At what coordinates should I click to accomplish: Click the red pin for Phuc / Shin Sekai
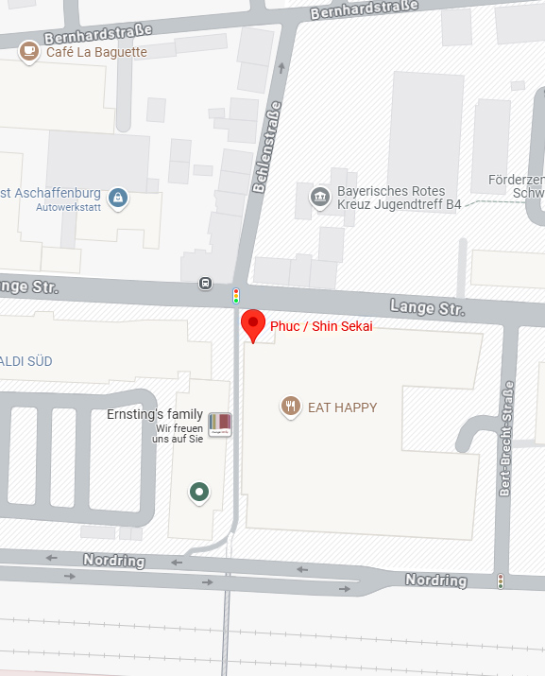[x=252, y=323]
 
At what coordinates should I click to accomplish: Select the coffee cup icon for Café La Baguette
[x=29, y=51]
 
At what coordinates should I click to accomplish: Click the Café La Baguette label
[x=96, y=52]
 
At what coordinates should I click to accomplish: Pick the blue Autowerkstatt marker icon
[x=118, y=198]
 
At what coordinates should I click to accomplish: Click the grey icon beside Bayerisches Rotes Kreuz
[x=319, y=198]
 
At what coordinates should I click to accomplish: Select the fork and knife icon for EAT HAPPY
[x=291, y=407]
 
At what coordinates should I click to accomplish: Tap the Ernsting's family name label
[x=154, y=414]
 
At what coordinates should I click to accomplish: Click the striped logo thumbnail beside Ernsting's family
[x=219, y=424]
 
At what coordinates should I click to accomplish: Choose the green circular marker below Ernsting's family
[x=198, y=492]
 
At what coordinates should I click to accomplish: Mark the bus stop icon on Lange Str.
[x=205, y=283]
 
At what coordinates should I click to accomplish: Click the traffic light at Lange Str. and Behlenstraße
[x=235, y=296]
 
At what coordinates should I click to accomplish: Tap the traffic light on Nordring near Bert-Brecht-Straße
[x=501, y=581]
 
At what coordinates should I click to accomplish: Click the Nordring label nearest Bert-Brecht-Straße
[x=435, y=580]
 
